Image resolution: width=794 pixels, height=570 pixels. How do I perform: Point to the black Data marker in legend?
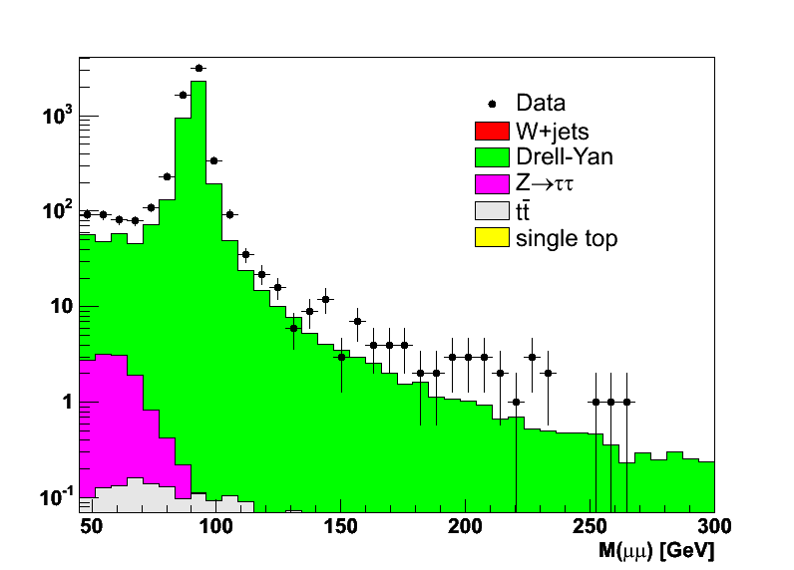pyautogui.click(x=492, y=103)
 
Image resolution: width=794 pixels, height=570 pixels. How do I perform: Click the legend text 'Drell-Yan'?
pyautogui.click(x=564, y=156)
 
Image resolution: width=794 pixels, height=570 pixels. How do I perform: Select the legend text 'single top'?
pyautogui.click(x=567, y=238)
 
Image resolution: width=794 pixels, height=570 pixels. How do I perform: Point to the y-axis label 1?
pyautogui.click(x=67, y=402)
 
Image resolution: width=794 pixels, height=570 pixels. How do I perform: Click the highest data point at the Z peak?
pyautogui.click(x=198, y=68)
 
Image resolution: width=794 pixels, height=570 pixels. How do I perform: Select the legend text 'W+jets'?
pyautogui.click(x=553, y=130)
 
